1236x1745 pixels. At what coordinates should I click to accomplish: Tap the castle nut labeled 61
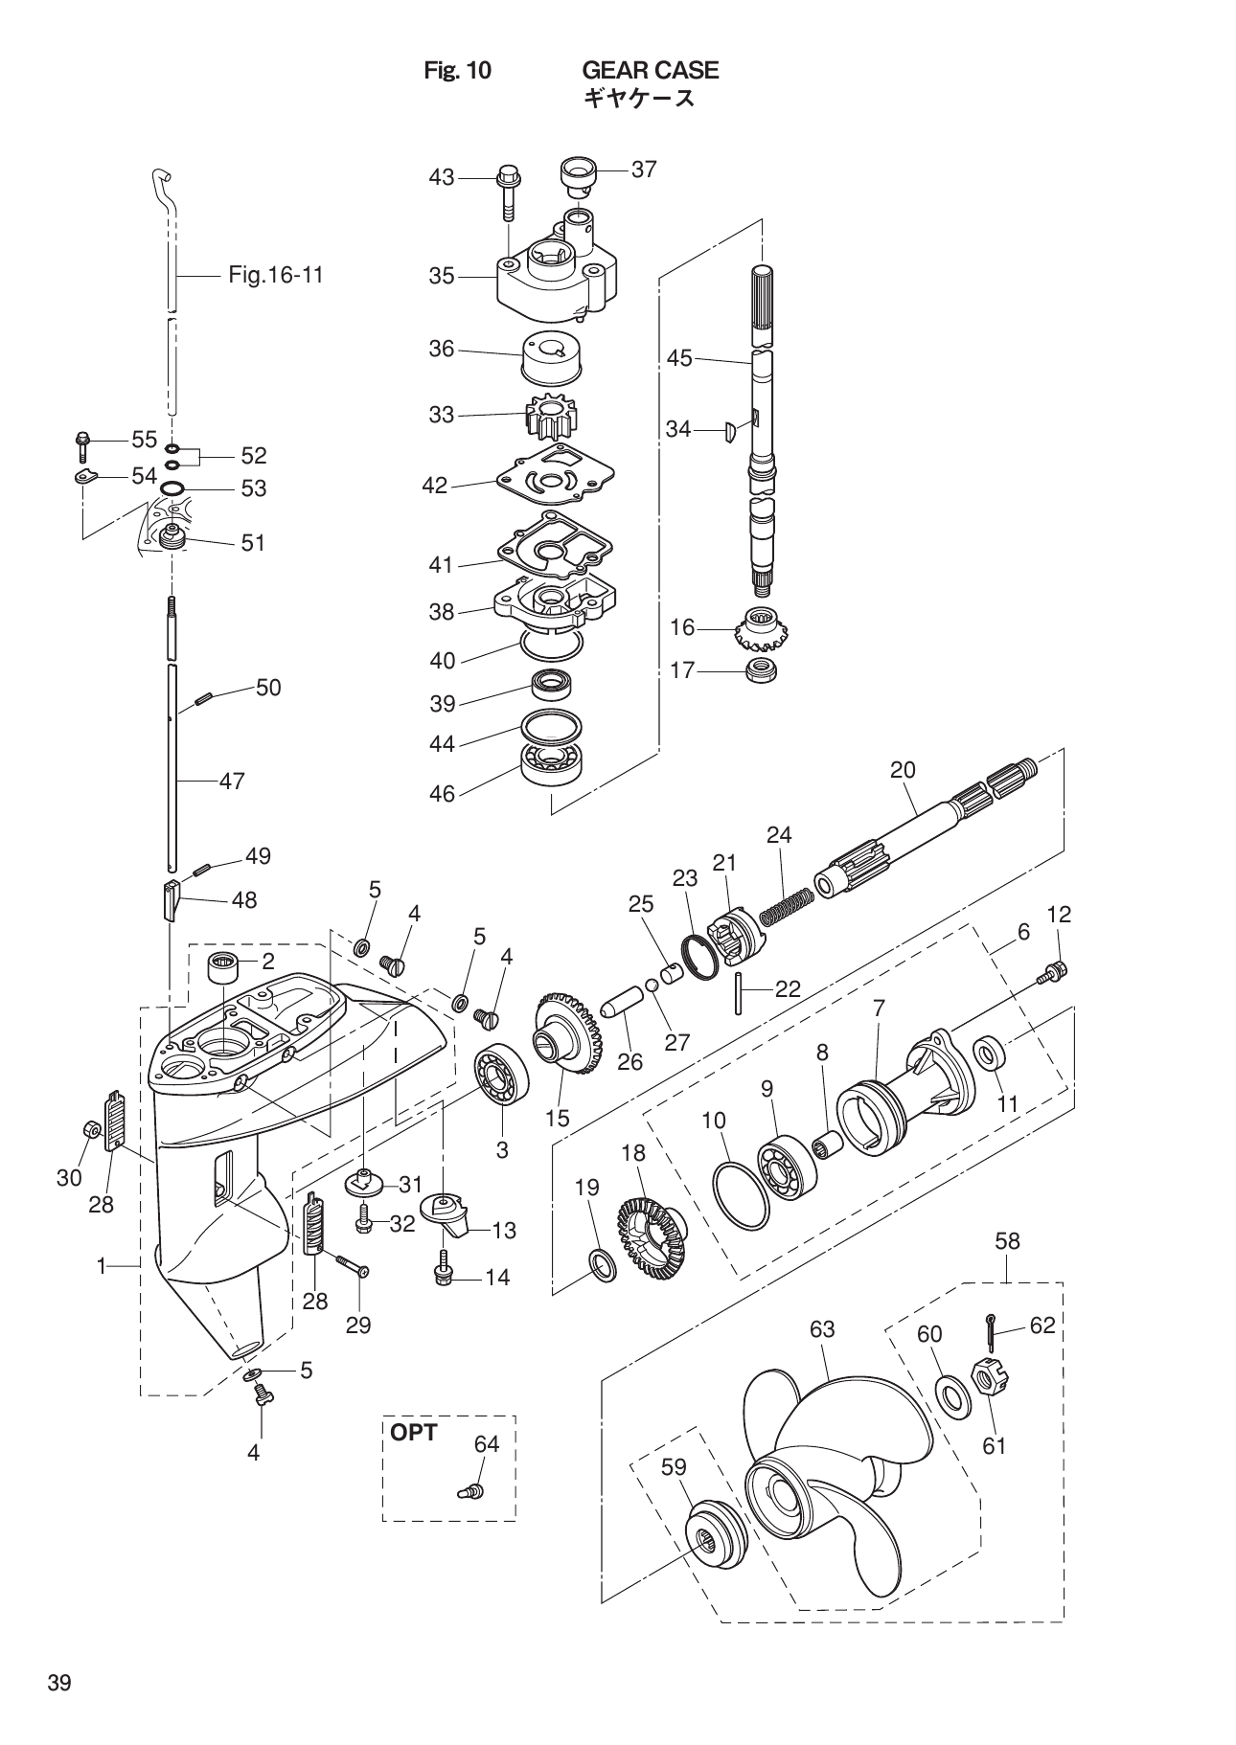pos(987,1379)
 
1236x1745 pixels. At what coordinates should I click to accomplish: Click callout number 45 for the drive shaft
pos(679,358)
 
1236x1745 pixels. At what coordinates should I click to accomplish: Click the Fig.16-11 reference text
pos(276,276)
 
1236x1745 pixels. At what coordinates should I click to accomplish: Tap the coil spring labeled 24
pos(787,906)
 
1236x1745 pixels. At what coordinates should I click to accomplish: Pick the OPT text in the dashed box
pos(413,1433)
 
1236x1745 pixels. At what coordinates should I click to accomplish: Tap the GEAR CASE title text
pos(651,70)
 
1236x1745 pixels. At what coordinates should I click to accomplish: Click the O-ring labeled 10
pos(742,1196)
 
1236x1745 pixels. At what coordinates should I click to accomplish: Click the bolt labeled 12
pos(1052,974)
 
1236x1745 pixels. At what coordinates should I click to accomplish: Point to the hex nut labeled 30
pos(86,1129)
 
